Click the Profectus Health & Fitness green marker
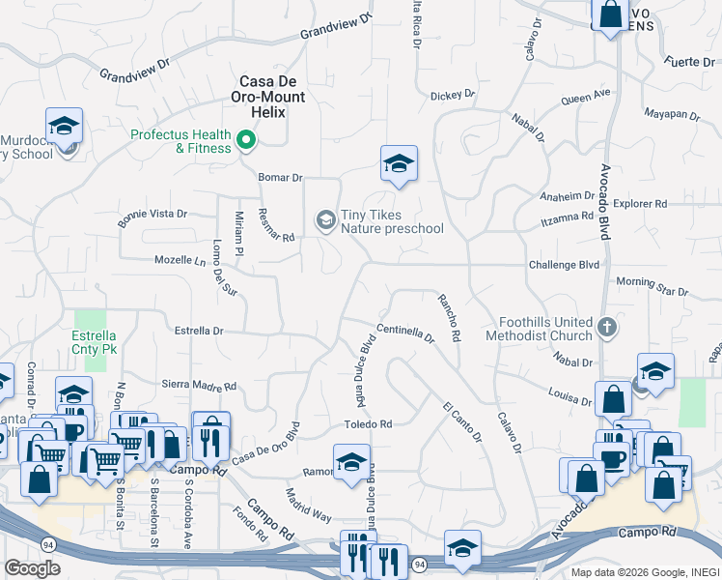coord(246,142)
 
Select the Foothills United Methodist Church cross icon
coord(606,326)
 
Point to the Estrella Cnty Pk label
coord(95,342)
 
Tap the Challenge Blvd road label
coord(564,265)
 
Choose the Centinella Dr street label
coord(405,333)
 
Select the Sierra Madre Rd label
coord(199,385)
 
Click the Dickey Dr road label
coord(453,95)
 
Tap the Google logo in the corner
coord(32,568)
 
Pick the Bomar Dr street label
coord(281,178)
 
